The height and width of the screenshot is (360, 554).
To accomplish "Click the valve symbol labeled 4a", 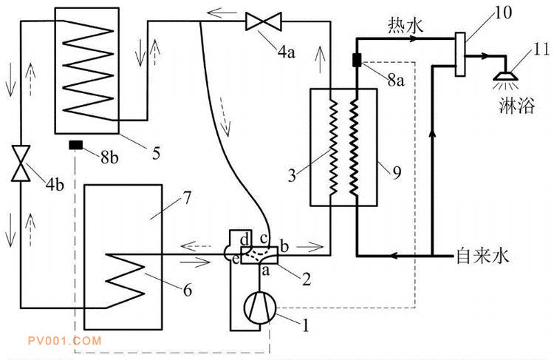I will point(262,23).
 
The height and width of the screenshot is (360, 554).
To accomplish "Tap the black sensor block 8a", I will point(355,60).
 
